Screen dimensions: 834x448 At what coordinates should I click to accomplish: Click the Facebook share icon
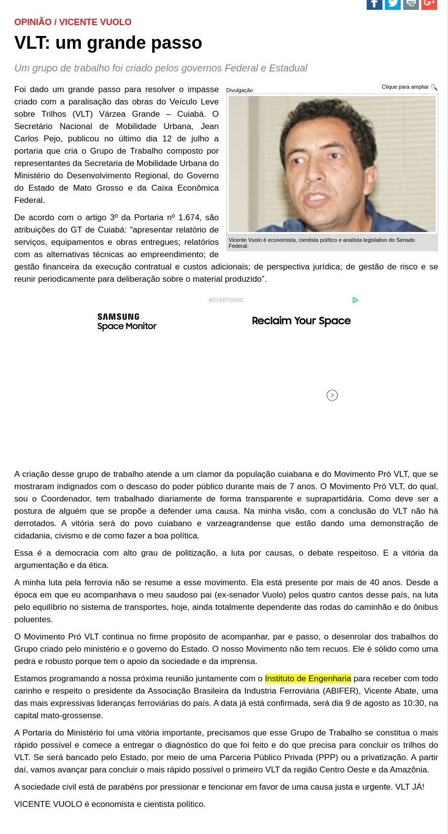click(374, 4)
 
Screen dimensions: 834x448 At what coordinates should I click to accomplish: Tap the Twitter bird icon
click(392, 4)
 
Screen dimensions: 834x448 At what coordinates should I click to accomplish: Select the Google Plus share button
click(429, 4)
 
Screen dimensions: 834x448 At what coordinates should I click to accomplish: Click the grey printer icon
click(411, 4)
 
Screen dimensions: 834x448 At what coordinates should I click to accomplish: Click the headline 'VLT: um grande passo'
click(108, 43)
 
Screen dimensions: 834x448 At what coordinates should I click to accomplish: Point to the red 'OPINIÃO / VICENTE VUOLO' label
click(73, 22)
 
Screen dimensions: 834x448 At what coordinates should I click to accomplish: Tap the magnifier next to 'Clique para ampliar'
click(434, 87)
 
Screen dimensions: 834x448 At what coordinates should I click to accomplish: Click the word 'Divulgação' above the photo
click(240, 90)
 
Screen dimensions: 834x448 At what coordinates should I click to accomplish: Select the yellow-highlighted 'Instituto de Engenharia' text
click(308, 678)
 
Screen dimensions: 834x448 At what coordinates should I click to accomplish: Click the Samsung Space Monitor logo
click(127, 322)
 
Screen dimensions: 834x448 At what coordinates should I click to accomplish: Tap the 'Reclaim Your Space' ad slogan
click(301, 321)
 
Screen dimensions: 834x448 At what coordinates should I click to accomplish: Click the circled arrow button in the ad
click(332, 395)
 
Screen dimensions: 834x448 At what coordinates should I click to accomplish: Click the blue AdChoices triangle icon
click(355, 300)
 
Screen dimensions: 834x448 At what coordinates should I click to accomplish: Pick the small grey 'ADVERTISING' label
click(226, 300)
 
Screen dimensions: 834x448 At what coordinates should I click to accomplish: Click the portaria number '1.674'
click(190, 217)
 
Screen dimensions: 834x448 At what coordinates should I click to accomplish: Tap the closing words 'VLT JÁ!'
click(410, 787)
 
